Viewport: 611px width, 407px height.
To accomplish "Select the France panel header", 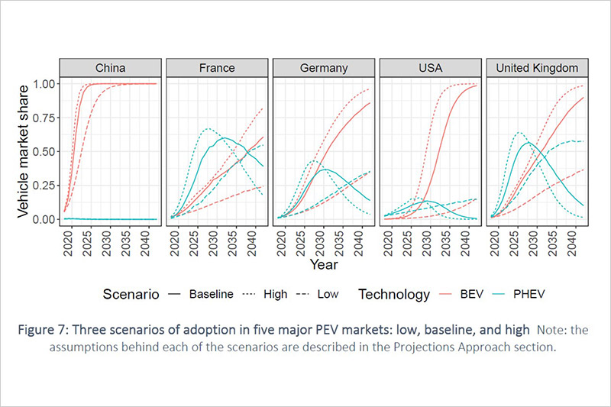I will [216, 68].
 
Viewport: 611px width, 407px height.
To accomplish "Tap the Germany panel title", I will [323, 68].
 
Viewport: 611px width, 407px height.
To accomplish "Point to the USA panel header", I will [430, 68].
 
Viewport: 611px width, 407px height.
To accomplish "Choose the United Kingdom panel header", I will [537, 68].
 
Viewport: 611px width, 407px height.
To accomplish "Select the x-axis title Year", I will [323, 264].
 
